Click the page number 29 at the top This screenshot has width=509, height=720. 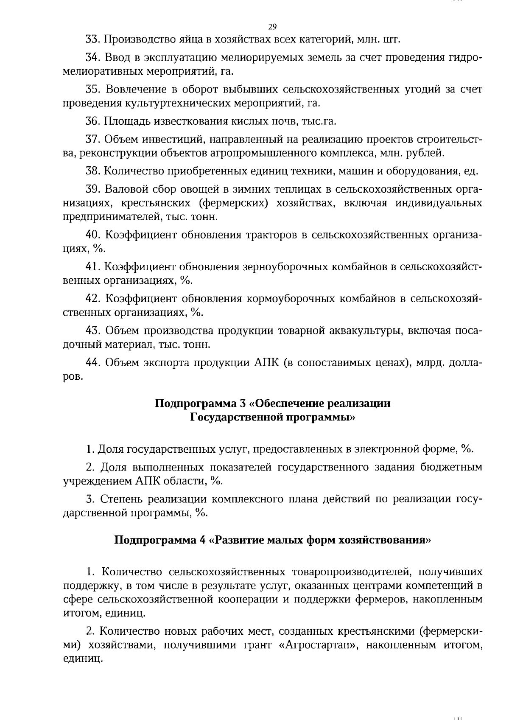pyautogui.click(x=272, y=27)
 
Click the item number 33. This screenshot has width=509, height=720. pyautogui.click(x=92, y=40)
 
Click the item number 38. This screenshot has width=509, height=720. pyautogui.click(x=92, y=171)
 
